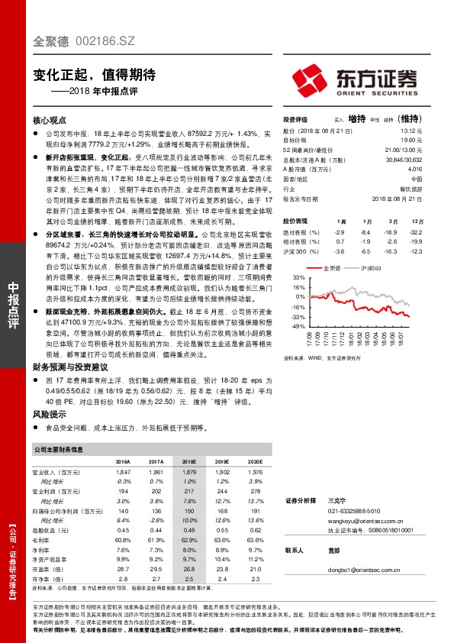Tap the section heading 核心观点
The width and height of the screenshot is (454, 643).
[x=52, y=121]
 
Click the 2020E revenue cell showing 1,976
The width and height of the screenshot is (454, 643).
[x=255, y=473]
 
